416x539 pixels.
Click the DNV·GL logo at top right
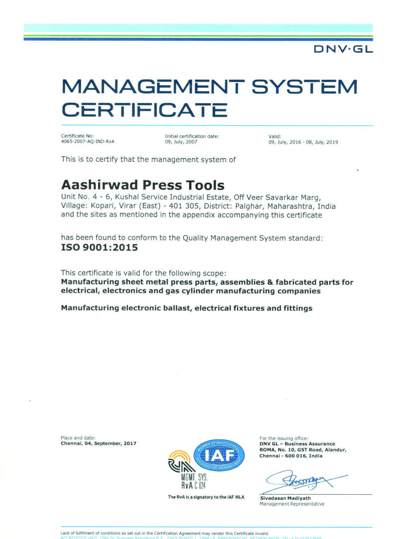point(343,49)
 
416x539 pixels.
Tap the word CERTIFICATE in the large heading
point(144,110)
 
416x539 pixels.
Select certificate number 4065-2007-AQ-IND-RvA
point(88,142)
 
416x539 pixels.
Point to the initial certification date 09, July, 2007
point(181,142)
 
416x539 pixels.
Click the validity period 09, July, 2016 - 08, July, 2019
point(303,142)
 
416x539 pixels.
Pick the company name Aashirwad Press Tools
point(142,185)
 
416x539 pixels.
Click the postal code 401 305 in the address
point(185,206)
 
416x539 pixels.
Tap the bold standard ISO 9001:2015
point(99,248)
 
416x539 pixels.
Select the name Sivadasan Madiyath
point(285,498)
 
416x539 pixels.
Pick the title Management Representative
point(292,504)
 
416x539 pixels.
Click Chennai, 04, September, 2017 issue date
point(98,443)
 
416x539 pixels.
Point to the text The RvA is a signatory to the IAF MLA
point(206,497)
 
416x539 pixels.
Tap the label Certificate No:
point(77,136)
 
